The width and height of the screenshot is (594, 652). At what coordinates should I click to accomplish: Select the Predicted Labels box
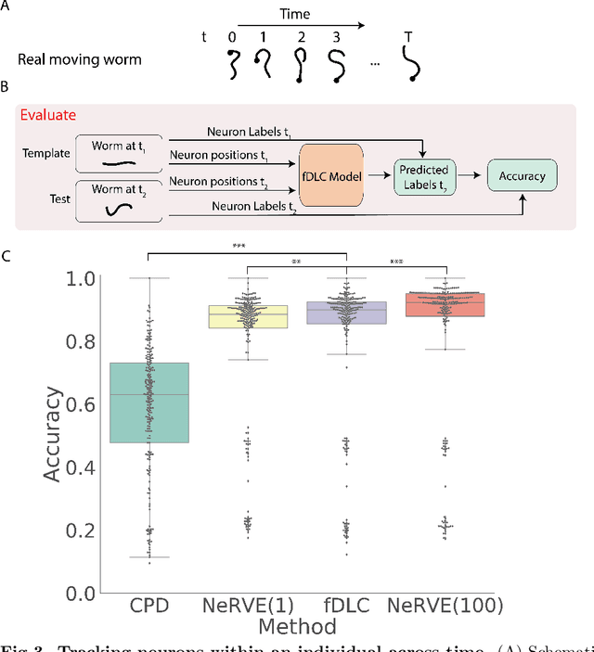(422, 174)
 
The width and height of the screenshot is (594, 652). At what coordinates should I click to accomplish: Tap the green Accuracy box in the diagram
(523, 174)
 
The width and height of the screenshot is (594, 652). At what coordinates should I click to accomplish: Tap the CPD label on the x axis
(148, 606)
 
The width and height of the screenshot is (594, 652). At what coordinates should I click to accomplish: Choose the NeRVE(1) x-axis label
(247, 606)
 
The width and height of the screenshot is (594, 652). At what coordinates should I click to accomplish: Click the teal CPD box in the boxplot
(148, 403)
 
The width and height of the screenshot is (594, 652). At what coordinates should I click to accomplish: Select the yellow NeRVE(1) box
(247, 316)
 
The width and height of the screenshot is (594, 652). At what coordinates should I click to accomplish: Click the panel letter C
(6, 255)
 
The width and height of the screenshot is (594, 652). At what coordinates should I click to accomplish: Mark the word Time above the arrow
(295, 15)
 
